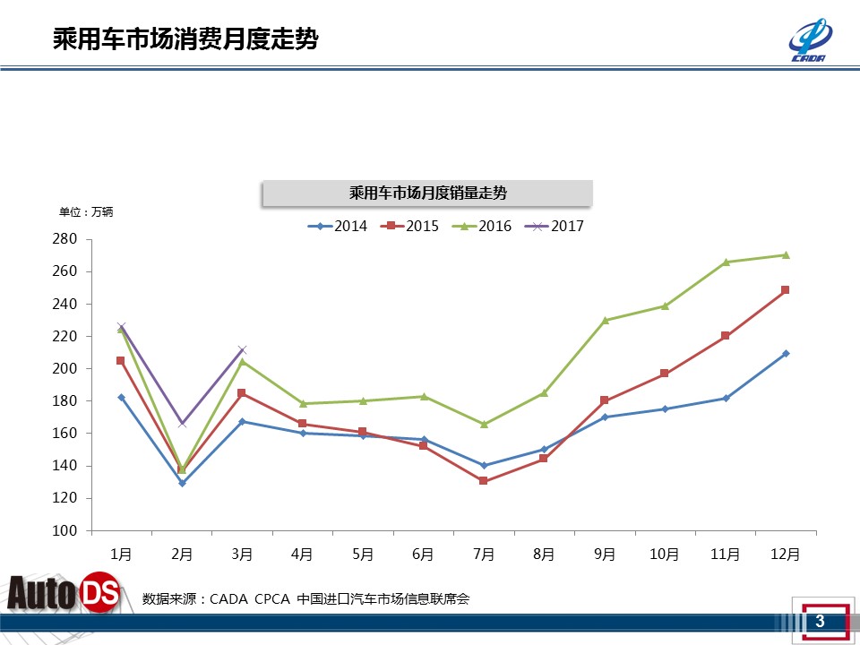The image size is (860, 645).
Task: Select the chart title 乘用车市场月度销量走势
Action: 427,193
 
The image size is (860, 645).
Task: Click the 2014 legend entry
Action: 338,227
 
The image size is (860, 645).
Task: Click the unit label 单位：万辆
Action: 86,212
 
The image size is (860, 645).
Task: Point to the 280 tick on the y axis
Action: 65,239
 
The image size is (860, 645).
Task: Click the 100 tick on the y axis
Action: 65,530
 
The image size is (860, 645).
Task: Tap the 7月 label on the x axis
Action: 484,555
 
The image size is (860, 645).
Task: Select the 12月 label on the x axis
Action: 786,555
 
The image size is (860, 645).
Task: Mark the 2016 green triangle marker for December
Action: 786,254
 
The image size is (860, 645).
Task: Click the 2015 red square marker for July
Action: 484,481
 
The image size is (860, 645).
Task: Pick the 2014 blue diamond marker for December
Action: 786,353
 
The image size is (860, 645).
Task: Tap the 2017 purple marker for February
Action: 182,423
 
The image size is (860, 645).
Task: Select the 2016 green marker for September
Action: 605,320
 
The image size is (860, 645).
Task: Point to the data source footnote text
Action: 305,598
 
